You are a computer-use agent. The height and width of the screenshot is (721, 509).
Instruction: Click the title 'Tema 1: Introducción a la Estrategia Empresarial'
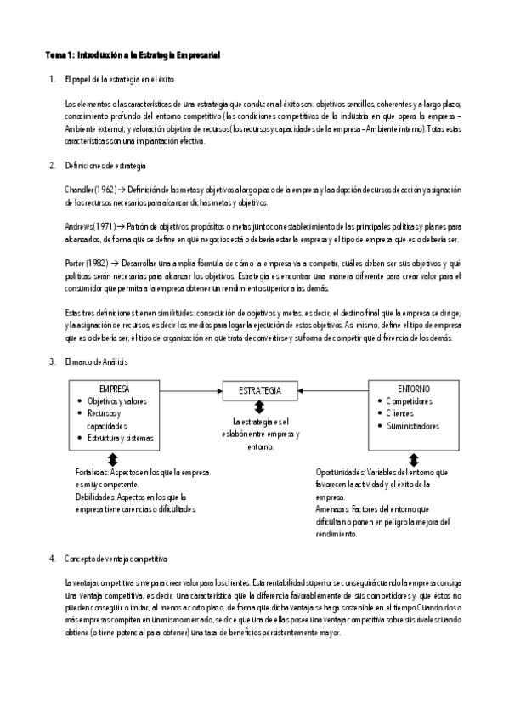pyautogui.click(x=133, y=55)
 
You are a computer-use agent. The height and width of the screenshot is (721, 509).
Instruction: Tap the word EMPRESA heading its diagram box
pyautogui.click(x=115, y=388)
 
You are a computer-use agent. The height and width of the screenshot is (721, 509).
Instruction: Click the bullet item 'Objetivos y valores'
pyautogui.click(x=118, y=400)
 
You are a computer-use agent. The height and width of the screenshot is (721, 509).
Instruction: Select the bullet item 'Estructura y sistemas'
pyautogui.click(x=121, y=438)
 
